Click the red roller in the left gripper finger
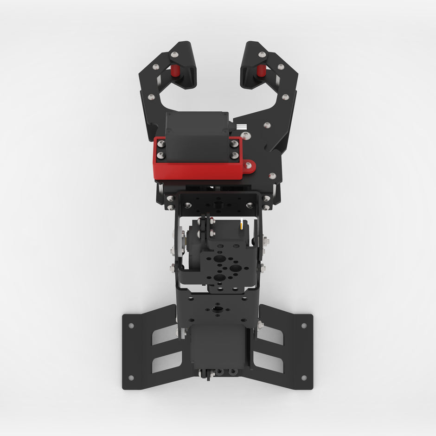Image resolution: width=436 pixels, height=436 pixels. point(175,71)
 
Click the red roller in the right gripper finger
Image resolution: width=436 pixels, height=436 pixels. point(261,71)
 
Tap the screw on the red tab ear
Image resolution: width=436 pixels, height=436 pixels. point(249,165)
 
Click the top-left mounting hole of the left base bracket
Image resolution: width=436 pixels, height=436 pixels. point(131,326)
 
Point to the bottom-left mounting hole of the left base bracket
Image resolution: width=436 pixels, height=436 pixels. point(131,378)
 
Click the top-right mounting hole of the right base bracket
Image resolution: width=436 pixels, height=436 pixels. point(304,326)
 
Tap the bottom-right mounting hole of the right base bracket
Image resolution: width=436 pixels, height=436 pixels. point(304,378)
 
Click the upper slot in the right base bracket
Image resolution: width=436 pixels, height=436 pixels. point(270,334)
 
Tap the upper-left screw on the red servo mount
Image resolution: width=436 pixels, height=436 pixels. point(161,144)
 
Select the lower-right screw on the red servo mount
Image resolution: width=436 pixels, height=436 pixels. point(235,155)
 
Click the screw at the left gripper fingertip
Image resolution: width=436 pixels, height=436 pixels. point(174,55)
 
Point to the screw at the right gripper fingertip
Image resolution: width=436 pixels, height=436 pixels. point(262,55)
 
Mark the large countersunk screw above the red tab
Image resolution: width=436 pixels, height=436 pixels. point(245,136)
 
